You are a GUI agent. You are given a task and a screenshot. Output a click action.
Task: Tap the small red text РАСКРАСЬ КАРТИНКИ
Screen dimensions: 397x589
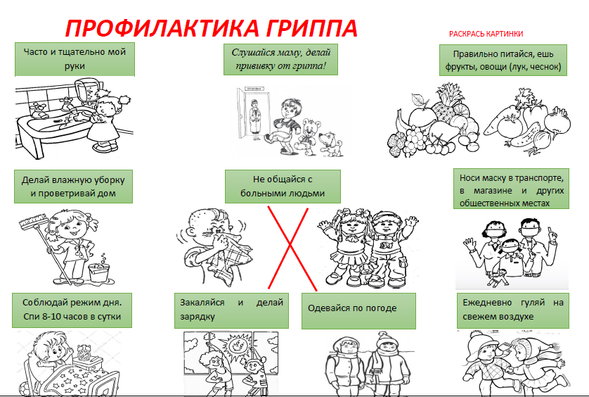pyautogui.click(x=486, y=34)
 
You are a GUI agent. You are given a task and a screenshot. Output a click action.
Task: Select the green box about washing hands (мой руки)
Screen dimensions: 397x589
pyautogui.click(x=74, y=58)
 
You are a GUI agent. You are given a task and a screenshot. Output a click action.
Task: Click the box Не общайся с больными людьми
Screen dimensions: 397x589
pyautogui.click(x=283, y=187)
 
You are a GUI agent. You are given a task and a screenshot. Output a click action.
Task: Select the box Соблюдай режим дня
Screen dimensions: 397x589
pyautogui.click(x=72, y=310)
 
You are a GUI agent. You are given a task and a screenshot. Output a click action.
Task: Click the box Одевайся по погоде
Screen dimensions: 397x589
pyautogui.click(x=358, y=310)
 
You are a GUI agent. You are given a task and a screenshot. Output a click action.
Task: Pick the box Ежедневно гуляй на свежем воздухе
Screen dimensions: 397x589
pyautogui.click(x=513, y=310)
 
